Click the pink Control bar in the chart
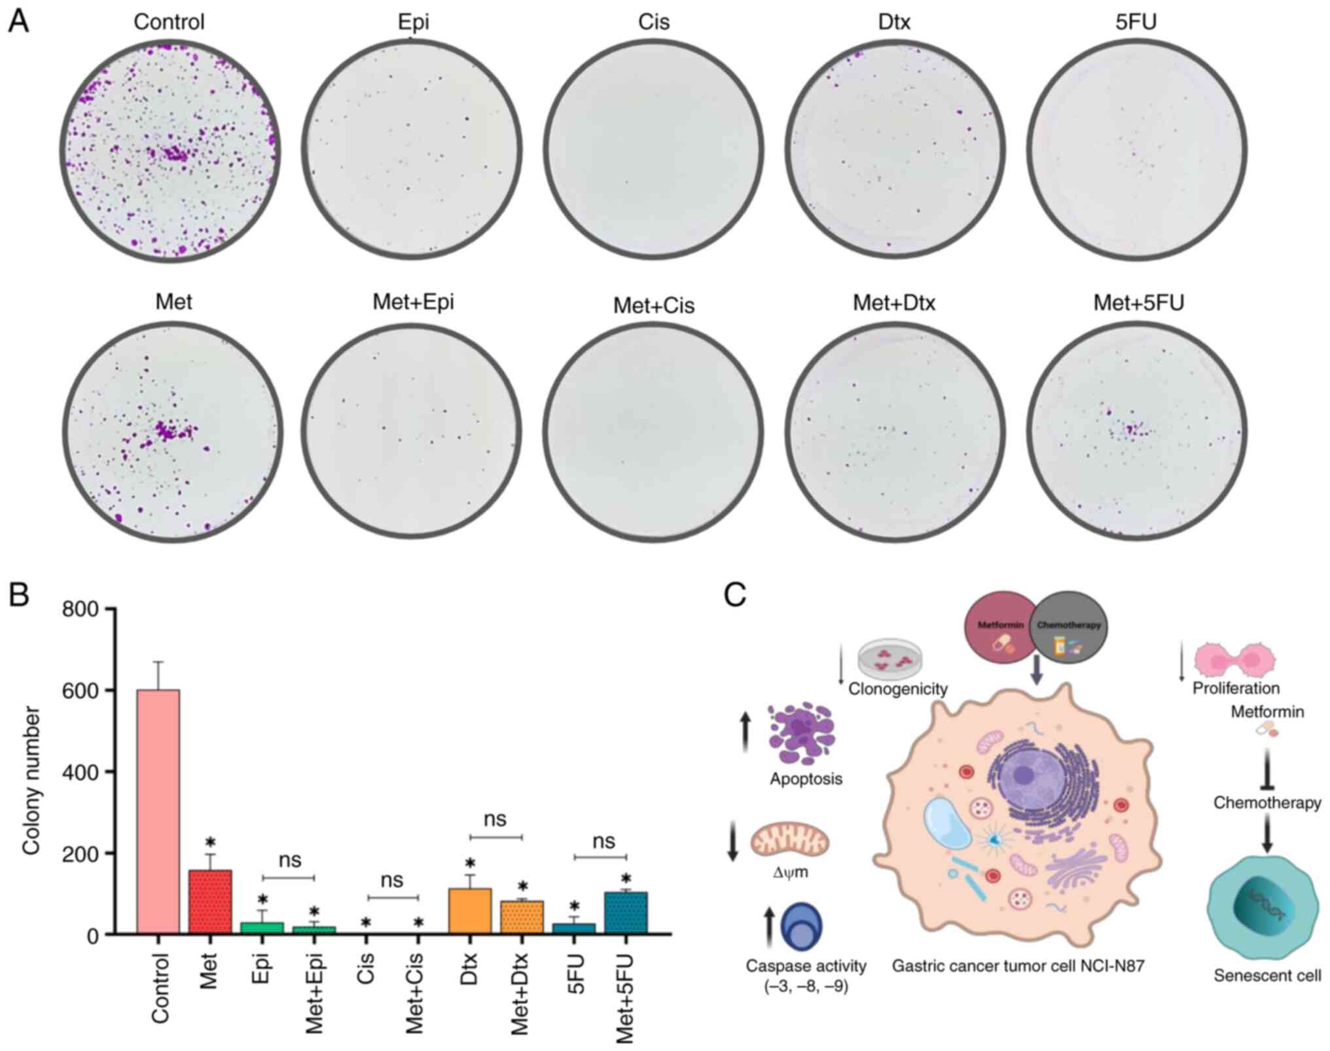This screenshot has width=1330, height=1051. [158, 812]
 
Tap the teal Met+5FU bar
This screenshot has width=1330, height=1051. [626, 913]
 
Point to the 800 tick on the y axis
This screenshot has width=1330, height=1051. [88, 610]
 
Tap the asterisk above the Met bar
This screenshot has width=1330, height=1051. [210, 842]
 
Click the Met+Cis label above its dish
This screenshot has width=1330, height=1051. [653, 306]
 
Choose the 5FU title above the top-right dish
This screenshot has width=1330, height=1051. [1136, 22]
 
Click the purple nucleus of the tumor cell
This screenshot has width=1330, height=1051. [1024, 776]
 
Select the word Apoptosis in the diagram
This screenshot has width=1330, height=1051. [806, 779]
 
